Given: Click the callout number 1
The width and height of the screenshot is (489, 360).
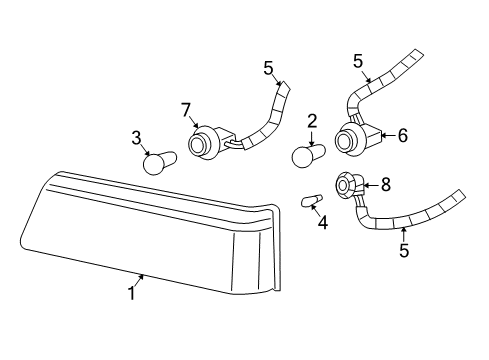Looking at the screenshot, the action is pyautogui.click(x=132, y=293).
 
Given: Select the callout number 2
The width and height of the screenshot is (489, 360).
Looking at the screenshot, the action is pyautogui.click(x=312, y=122).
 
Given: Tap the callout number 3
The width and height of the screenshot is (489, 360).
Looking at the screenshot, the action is pyautogui.click(x=136, y=138).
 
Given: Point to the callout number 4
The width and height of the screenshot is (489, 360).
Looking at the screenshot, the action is pyautogui.click(x=322, y=223).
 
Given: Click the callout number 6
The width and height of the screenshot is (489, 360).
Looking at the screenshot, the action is pyautogui.click(x=402, y=136).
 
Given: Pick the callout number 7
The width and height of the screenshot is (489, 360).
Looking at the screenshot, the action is pyautogui.click(x=186, y=110).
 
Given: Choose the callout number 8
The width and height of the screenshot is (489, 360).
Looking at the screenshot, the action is pyautogui.click(x=386, y=184).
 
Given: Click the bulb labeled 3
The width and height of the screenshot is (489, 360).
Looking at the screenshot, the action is pyautogui.click(x=159, y=162).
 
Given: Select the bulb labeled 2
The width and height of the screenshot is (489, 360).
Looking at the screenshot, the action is pyautogui.click(x=309, y=155).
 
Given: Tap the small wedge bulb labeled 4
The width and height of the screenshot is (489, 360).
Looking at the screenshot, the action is pyautogui.click(x=312, y=201).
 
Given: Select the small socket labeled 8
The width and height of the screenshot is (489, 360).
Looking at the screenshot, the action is pyautogui.click(x=348, y=185).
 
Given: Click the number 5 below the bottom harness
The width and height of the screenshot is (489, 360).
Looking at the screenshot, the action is pyautogui.click(x=404, y=251).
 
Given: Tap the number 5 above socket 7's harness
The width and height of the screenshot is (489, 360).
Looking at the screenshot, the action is pyautogui.click(x=268, y=68).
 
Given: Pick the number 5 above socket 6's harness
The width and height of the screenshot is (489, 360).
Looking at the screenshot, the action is pyautogui.click(x=358, y=61).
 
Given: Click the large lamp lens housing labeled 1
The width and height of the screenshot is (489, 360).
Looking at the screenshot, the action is pyautogui.click(x=150, y=233).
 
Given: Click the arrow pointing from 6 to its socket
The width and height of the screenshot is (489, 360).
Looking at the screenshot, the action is pyautogui.click(x=389, y=136).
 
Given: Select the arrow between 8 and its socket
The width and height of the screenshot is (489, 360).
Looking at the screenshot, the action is pyautogui.click(x=371, y=185).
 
